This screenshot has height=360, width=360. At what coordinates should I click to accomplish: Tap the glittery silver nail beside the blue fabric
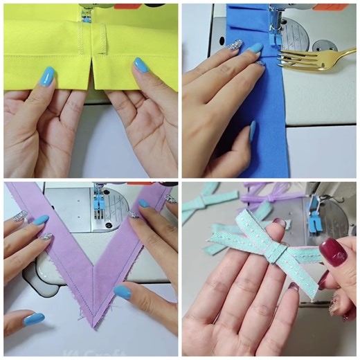pyautogui.click(x=235, y=44)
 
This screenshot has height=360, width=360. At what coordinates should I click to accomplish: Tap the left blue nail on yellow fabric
pyautogui.click(x=47, y=76)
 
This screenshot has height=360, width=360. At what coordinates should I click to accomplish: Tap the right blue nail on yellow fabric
pyautogui.click(x=141, y=66)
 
